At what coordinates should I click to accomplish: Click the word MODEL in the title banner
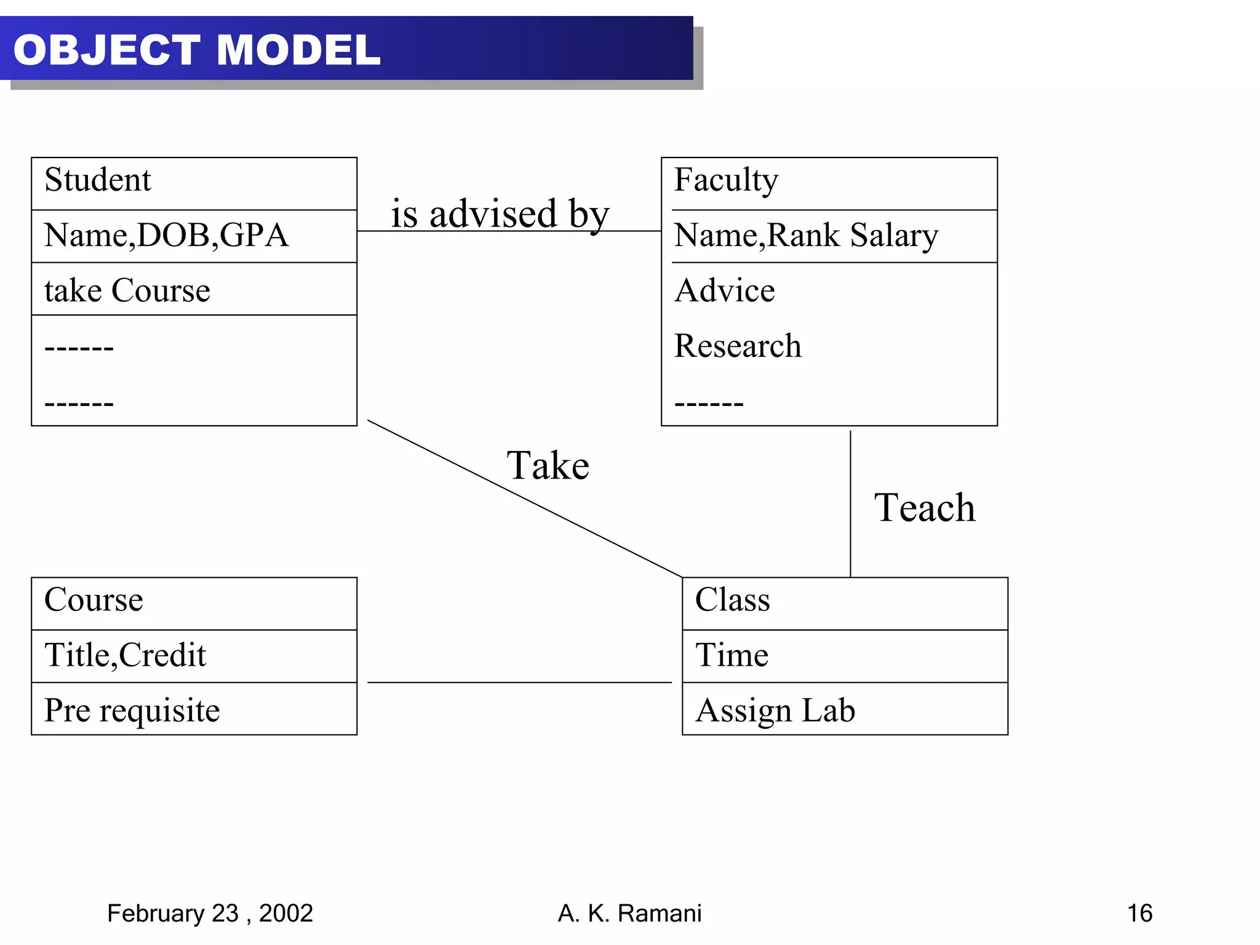tap(298, 50)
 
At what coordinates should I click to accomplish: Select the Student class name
tap(97, 180)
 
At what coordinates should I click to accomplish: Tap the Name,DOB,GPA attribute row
tap(166, 235)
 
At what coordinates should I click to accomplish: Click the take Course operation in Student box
tap(127, 290)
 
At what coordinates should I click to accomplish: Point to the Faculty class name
tap(726, 180)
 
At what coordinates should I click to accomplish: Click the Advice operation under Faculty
tap(725, 290)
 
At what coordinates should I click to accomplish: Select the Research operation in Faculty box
tap(738, 345)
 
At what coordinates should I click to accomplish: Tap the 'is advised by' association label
tap(500, 213)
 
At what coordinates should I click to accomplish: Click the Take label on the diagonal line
tap(548, 465)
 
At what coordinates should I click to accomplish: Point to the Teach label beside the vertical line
tap(924, 508)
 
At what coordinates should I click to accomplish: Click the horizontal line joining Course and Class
tap(519, 682)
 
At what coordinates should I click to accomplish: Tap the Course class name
tap(94, 599)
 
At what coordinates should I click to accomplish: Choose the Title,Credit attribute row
tap(125, 655)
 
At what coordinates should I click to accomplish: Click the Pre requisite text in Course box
tap(132, 710)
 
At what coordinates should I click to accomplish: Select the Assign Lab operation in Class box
tap(775, 710)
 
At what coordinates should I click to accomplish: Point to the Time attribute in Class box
tap(732, 655)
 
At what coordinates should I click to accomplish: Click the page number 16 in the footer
tap(1139, 913)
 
